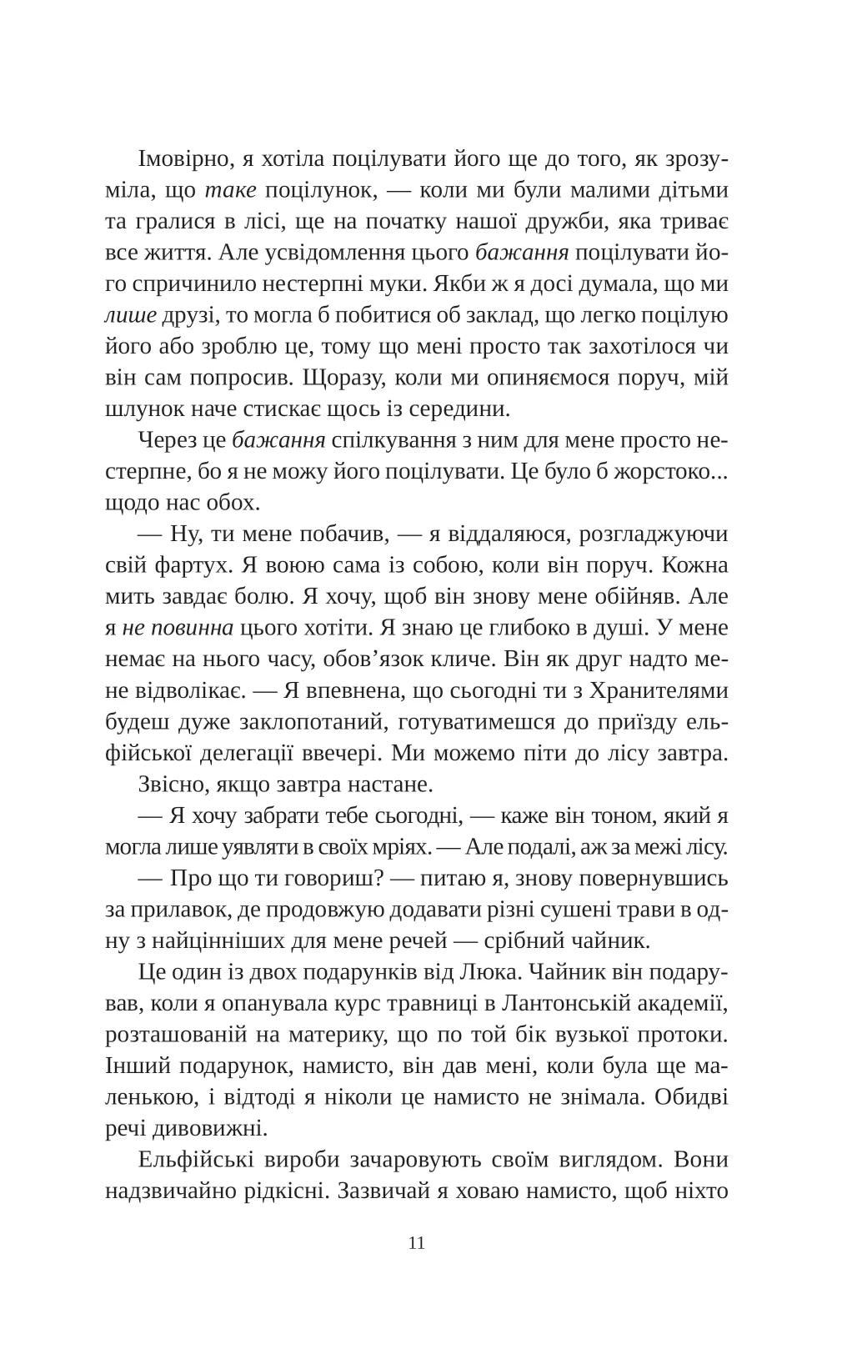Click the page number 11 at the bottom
418,1243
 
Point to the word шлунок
142,409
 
